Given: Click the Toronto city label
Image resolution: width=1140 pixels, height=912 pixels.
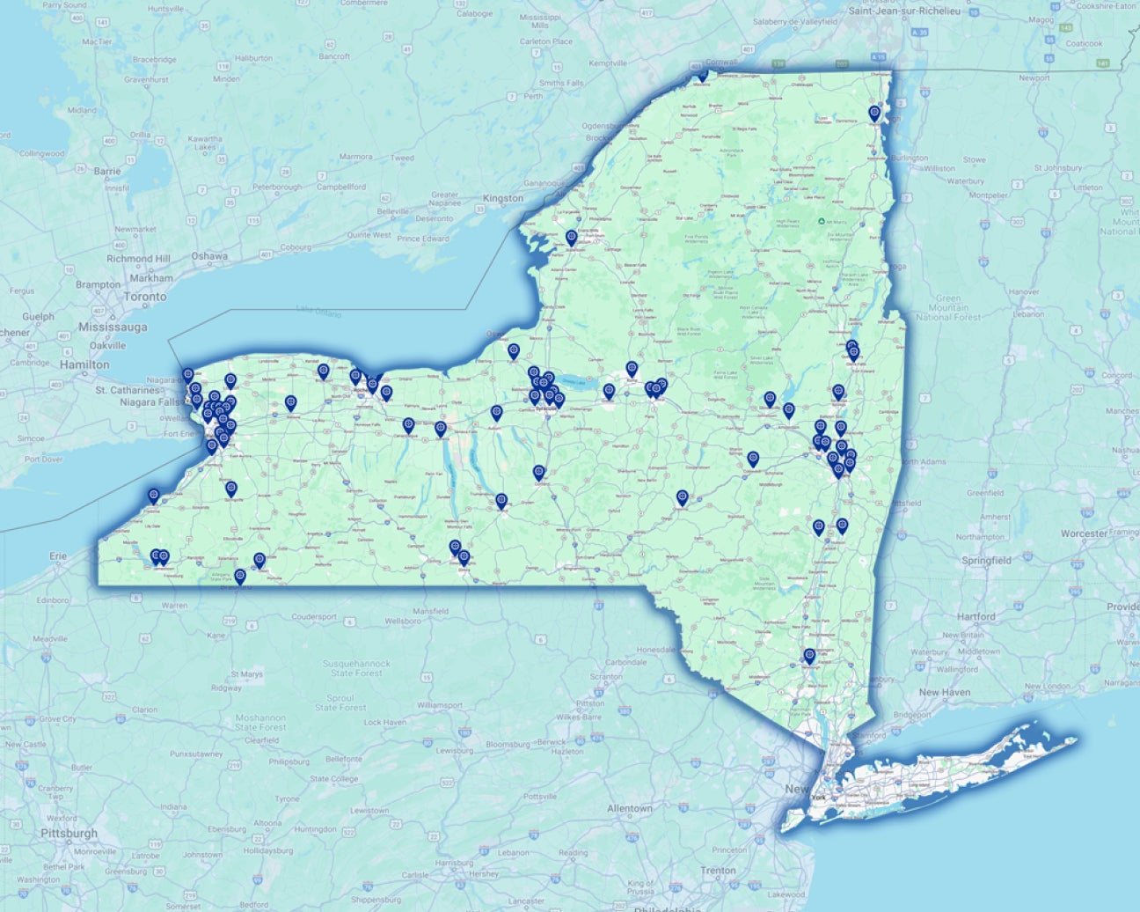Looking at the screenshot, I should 145,297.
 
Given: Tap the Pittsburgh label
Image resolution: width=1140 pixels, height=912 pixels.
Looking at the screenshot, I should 70,833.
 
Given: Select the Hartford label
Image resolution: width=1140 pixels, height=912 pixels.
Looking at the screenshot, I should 976,617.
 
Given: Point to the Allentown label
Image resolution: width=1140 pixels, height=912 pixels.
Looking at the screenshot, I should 630,808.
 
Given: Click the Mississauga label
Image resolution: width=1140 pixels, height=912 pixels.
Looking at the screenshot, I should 113,327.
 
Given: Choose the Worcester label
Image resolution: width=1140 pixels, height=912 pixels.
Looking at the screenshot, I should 1084,533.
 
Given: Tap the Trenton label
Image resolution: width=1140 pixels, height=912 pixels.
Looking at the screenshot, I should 719,871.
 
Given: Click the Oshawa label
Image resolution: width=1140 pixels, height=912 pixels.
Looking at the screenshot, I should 209,256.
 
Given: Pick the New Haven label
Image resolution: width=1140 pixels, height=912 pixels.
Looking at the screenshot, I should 945,692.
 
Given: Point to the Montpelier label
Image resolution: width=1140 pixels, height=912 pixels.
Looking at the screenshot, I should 988,195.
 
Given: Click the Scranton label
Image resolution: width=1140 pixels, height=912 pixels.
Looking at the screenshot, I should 606,677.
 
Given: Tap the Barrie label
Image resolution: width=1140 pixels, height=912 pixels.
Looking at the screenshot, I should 107,171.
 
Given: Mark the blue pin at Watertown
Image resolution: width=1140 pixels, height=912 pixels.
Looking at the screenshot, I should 572,237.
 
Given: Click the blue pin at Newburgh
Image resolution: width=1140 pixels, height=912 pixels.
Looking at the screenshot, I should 809,655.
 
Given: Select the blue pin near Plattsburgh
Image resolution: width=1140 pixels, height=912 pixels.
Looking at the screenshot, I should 874,113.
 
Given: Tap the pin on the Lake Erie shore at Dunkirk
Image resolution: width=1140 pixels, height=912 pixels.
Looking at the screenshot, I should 154,496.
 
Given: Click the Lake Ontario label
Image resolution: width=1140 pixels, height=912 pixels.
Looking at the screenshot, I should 318,310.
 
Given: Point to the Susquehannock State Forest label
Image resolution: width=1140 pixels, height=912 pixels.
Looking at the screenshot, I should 356,667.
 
